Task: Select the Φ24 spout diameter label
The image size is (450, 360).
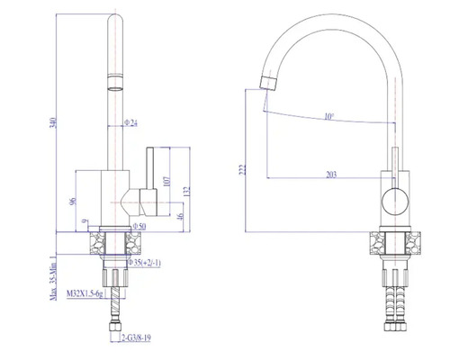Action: click(x=130, y=123)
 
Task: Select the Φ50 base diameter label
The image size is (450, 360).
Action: click(x=139, y=227)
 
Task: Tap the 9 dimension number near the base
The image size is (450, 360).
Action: click(x=84, y=221)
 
